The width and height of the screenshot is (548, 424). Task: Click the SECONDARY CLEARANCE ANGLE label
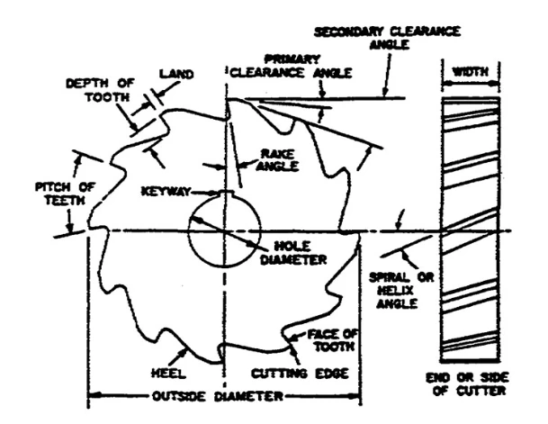tap(387, 38)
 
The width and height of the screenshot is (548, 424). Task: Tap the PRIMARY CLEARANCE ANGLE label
tap(292, 66)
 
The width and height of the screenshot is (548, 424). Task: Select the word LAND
tap(176, 74)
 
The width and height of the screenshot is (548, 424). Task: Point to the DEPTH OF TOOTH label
tap(100, 90)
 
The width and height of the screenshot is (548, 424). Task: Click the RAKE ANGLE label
tap(277, 159)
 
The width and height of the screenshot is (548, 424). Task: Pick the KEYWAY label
tap(166, 192)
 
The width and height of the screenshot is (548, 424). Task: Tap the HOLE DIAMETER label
tap(293, 253)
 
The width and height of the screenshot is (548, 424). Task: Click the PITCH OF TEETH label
tap(65, 194)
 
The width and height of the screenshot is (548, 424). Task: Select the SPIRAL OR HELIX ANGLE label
tap(401, 290)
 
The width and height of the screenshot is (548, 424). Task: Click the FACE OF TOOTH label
tap(333, 340)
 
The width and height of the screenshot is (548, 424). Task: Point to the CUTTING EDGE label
tap(300, 374)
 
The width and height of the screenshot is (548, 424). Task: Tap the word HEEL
tap(168, 374)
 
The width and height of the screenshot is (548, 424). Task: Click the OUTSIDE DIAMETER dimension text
tap(218, 396)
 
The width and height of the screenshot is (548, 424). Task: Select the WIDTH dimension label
tap(471, 72)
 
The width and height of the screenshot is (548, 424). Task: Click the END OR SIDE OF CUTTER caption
tap(468, 383)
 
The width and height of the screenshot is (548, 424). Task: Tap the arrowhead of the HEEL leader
tap(184, 351)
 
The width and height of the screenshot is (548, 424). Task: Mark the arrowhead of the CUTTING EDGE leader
tap(292, 349)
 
